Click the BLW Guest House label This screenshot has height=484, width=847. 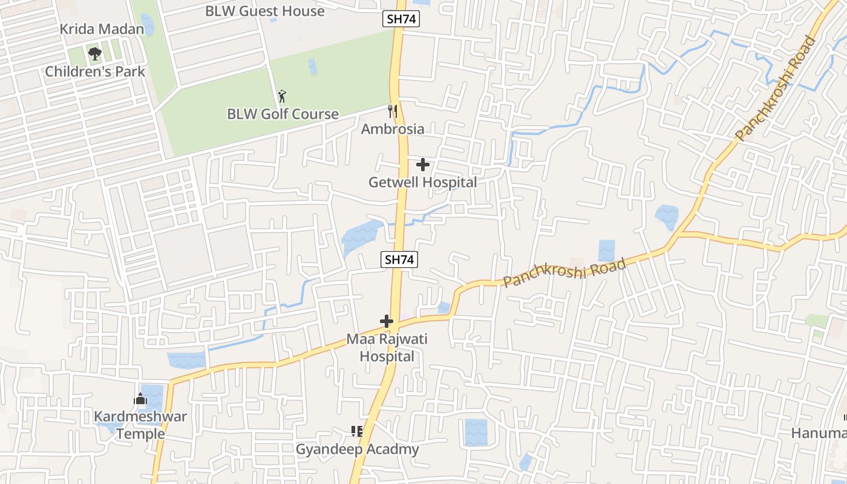pos(264,11)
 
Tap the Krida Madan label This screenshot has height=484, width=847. pos(102,29)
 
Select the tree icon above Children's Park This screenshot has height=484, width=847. pos(94,53)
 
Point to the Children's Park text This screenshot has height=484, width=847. pos(95,71)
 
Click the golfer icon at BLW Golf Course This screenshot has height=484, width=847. pos(281,96)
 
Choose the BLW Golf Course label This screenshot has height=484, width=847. pos(283,114)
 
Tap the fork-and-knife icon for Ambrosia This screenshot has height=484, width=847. pos(393,111)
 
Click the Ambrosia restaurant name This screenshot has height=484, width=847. pos(393,129)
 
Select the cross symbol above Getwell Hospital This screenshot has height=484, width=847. pos(423,164)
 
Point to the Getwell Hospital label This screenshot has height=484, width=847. pos(423,182)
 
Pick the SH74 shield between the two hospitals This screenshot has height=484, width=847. pos(399,260)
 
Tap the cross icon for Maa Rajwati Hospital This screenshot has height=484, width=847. pos(387,321)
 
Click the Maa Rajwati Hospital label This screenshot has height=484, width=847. pos(387,348)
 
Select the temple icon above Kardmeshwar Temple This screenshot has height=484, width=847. pos(140,399)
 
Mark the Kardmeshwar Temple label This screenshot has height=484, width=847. pos(140,425)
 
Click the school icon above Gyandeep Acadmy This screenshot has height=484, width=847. pos(357,431)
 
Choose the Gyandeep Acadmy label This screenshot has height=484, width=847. pos(357,450)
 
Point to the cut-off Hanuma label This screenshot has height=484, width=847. pos(819,433)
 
